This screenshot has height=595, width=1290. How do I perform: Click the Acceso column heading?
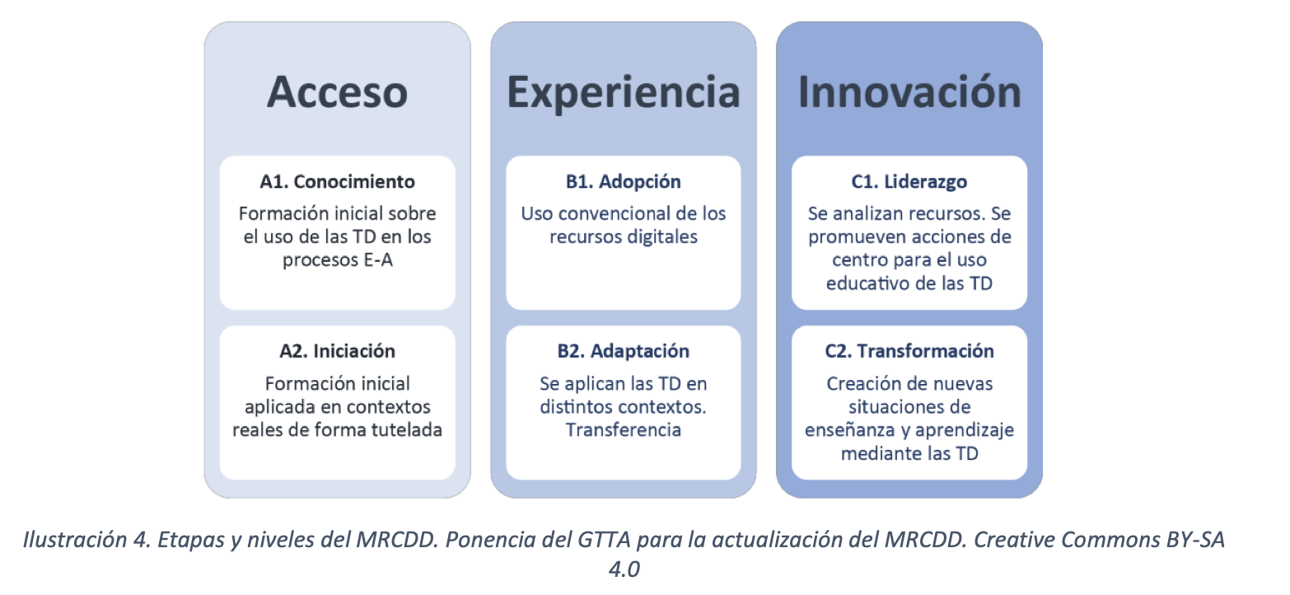coord(338,92)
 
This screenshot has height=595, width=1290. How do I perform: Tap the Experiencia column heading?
coord(623,93)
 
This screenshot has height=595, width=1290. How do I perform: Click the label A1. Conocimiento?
coord(338,181)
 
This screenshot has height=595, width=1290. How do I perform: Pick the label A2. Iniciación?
coord(338,351)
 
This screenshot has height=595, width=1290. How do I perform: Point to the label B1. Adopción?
coord(623,182)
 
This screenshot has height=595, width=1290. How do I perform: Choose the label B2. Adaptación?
coord(623,351)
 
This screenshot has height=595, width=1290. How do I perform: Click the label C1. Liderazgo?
coord(909,182)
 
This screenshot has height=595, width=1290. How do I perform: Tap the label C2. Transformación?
coord(909,351)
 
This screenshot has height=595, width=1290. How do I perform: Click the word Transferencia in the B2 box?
coord(623,429)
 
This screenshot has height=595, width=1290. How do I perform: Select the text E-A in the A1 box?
coord(378,260)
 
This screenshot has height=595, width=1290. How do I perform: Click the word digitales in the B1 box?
coord(661,237)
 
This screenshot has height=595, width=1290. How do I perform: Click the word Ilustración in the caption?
coord(75,540)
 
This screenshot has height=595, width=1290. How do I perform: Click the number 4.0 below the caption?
coord(624,569)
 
